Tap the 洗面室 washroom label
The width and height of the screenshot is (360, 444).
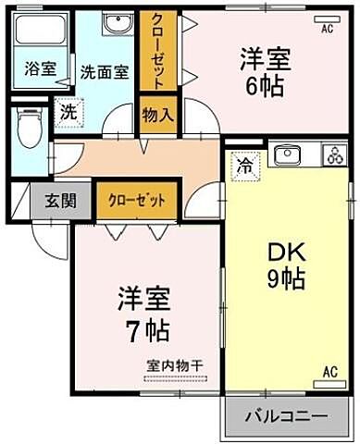coord(103,71)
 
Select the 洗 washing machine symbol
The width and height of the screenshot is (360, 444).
coord(68,111)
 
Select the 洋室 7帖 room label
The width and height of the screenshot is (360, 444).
coord(143,314)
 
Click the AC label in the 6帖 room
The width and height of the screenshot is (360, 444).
coord(326,29)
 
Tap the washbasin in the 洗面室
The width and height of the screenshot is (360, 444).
coord(117,25)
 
